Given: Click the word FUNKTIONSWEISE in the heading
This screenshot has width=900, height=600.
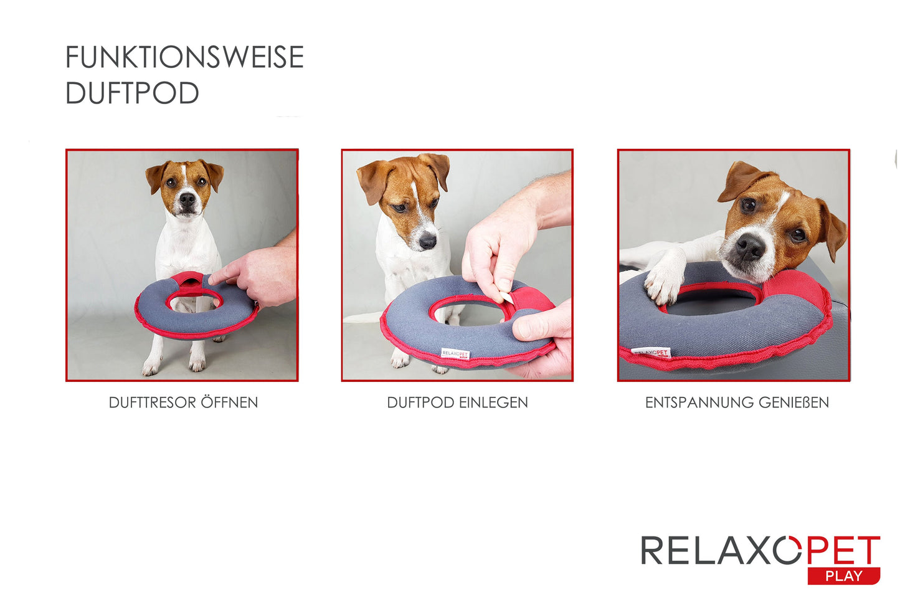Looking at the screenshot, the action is (184, 57).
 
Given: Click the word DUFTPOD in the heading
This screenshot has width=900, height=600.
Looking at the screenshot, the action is (132, 93).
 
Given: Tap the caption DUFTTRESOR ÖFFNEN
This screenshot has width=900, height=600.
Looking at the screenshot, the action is (183, 402).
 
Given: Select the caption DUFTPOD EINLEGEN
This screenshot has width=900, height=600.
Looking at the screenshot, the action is (457, 402).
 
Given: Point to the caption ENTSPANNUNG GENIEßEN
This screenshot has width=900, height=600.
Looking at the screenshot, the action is (737, 402).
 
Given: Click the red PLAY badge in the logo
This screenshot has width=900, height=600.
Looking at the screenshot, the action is (844, 576).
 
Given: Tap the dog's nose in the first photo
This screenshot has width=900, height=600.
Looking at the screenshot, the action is (187, 199).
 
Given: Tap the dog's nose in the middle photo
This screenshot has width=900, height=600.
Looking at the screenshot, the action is (427, 242).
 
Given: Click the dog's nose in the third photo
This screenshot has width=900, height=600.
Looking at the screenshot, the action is (750, 246).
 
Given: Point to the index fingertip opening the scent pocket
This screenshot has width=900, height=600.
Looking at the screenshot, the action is (212, 280).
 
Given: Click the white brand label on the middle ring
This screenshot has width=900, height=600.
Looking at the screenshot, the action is (455, 354).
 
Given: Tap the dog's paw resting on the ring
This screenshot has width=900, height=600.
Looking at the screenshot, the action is (664, 283).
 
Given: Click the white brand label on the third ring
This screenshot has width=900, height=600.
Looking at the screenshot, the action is (651, 353).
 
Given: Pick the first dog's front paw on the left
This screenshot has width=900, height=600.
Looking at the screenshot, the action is (150, 366).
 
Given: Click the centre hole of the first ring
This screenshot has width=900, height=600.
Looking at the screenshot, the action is (194, 303).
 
